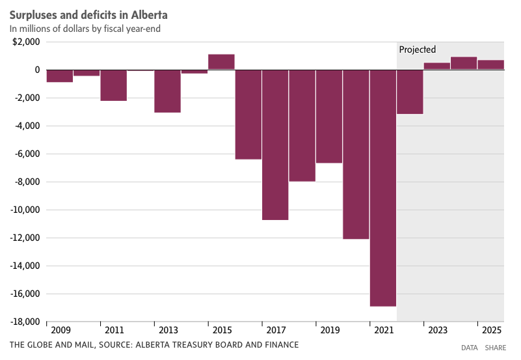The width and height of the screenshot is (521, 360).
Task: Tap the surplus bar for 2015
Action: click(221, 62)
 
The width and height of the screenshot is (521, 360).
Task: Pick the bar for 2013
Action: click(167, 91)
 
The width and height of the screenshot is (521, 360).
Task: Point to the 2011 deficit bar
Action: click(113, 85)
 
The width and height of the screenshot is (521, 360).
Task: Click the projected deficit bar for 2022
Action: click(410, 92)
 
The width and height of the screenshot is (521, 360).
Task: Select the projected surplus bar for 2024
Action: click(464, 63)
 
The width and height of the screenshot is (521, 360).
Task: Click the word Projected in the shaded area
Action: click(417, 49)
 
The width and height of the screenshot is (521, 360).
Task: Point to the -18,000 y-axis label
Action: click(25, 322)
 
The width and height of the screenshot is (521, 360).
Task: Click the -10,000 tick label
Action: click(25, 210)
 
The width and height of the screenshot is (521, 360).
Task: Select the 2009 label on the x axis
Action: click(59, 331)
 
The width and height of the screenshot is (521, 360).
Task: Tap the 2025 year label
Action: click(491, 331)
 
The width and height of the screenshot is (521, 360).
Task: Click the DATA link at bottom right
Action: click(470, 348)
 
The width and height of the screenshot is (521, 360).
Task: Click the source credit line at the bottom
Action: click(154, 344)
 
